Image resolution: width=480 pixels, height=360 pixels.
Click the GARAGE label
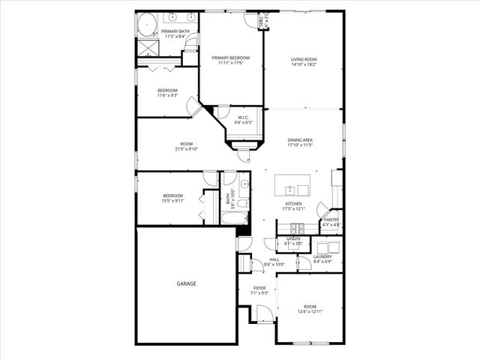(x=186, y=283)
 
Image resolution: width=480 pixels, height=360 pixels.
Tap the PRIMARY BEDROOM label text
(x=230, y=58)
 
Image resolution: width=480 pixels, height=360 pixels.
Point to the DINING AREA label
(x=300, y=139)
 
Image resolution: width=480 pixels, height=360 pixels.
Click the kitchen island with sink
(x=292, y=185)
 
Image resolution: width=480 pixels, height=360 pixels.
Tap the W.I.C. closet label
(x=244, y=118)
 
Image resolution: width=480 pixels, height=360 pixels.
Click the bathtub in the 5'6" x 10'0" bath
(x=235, y=218)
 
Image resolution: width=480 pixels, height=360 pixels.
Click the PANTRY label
(x=331, y=220)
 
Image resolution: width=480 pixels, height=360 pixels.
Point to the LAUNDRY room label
(x=322, y=256)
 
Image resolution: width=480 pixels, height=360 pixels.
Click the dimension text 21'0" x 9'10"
(x=187, y=149)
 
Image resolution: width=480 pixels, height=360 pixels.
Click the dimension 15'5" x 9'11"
(x=172, y=200)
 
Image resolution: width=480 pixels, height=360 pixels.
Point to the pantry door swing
(x=322, y=209)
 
